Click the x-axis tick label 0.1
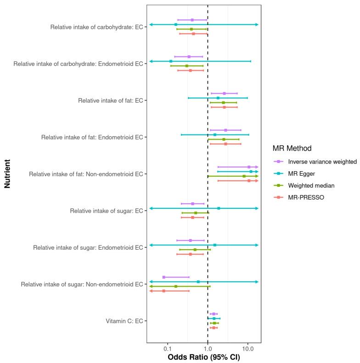coord(168,348)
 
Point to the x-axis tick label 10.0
coord(248,348)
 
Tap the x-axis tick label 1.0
coord(208,348)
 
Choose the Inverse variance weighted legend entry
coord(322,162)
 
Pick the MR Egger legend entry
coord(302,173)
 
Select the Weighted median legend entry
coord(311,185)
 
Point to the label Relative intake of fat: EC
coord(111,101)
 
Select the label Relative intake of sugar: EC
coord(107,211)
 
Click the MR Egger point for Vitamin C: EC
coord(214,318)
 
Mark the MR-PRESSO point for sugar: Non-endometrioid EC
coord(163,291)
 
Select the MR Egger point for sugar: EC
coord(219,208)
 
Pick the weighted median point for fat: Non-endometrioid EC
coord(244,176)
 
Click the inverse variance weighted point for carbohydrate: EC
coord(192,20)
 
